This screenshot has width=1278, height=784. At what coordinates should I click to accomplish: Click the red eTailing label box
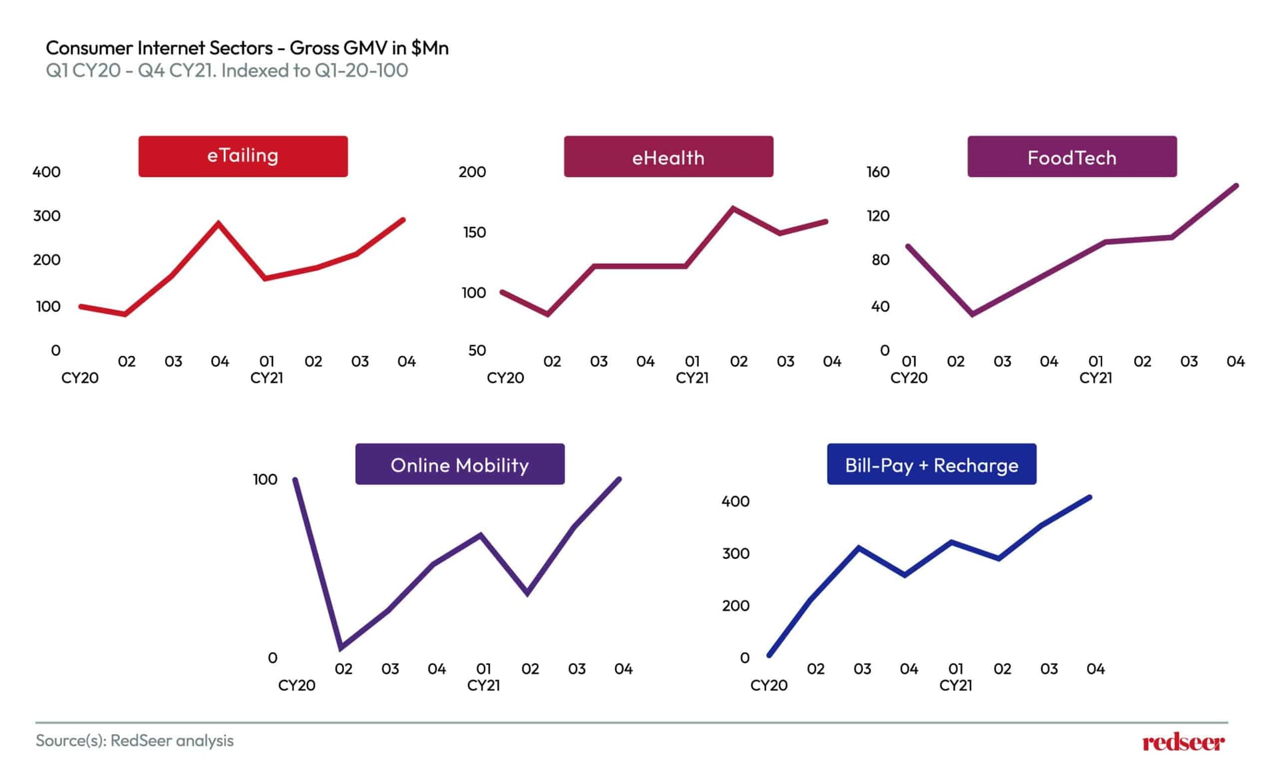(x=243, y=156)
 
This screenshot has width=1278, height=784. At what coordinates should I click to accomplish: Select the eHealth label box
(x=668, y=157)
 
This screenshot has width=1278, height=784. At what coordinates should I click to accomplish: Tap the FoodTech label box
(x=1072, y=157)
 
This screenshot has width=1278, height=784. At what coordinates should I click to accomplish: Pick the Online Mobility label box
(x=459, y=465)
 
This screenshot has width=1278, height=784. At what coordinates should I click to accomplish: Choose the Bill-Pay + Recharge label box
(x=931, y=465)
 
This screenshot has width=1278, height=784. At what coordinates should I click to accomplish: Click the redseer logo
(x=1183, y=742)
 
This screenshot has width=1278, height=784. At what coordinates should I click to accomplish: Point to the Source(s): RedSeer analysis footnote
(x=134, y=741)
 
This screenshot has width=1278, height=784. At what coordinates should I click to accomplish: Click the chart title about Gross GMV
(x=247, y=48)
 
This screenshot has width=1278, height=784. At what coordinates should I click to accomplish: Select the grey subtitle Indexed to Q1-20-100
(x=226, y=71)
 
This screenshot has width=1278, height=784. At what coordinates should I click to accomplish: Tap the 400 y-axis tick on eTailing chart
(x=47, y=172)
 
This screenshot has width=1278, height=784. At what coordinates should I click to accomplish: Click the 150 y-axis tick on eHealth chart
(x=475, y=232)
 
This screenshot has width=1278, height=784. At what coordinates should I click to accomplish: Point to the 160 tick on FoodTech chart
(x=878, y=172)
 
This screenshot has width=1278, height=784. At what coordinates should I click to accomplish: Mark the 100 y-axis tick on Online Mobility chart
(x=265, y=479)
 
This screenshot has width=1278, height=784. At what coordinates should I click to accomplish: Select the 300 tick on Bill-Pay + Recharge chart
(x=736, y=554)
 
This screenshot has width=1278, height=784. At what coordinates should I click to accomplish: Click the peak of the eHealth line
(x=733, y=208)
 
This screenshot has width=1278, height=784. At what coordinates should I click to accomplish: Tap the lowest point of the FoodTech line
(x=972, y=314)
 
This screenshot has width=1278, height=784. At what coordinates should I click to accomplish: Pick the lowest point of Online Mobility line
(x=341, y=648)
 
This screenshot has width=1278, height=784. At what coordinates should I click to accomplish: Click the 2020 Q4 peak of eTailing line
(x=219, y=223)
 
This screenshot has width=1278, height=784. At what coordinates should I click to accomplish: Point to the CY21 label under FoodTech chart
(x=1096, y=378)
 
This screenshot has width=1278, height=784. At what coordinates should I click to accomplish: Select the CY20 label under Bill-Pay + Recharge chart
(x=769, y=686)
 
